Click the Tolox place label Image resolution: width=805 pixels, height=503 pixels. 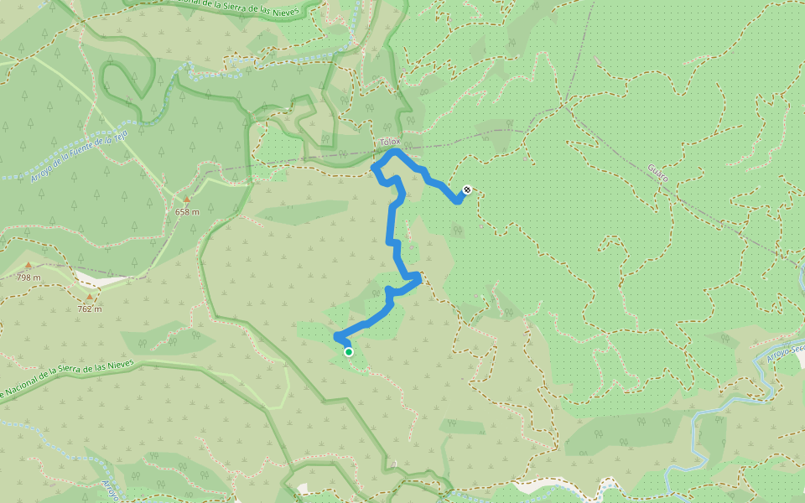coord(391,142)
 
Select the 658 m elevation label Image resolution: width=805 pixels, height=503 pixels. coord(187,211)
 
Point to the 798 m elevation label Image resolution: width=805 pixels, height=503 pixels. coord(28,277)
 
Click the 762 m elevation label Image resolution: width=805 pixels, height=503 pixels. coord(90,309)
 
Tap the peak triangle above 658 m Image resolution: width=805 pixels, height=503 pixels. coord(187,200)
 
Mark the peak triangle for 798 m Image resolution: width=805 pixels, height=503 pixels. coord(28,266)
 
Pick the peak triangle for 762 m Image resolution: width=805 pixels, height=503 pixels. coord(89,297)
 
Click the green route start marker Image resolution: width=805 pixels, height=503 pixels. coord(349,352)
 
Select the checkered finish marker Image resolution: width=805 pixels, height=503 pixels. coord(467,189)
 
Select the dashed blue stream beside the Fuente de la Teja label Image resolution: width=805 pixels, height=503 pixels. coord(50,173)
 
